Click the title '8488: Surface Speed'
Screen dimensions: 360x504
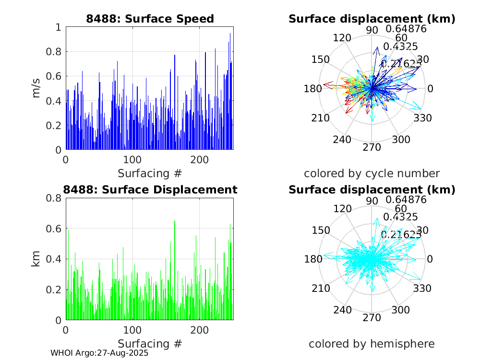coord(150,19)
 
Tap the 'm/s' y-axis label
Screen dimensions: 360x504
coord(36,88)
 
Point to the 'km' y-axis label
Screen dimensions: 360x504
coord(36,259)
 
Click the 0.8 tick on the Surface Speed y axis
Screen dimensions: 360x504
coord(56,52)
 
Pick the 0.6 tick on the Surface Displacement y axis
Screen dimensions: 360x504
coord(56,228)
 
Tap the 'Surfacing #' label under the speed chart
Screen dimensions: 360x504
coord(150,173)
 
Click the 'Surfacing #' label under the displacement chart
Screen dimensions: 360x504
coord(150,344)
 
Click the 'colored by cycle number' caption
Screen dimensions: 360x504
coord(372,173)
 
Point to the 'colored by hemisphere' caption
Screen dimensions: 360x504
coord(372,344)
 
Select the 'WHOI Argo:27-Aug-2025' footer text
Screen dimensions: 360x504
coord(99,353)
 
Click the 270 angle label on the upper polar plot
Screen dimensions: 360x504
coord(372,147)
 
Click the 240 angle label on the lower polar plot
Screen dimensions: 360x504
coord(342,310)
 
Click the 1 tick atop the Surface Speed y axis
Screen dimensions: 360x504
coord(59,27)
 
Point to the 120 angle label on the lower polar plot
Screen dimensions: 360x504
coord(342,209)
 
